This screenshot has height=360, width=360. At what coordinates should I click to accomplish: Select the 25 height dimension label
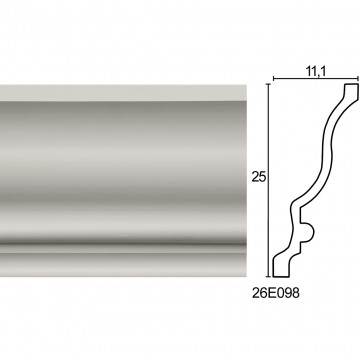coord(259,178)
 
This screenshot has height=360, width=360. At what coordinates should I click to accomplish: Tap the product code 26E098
coord(275,293)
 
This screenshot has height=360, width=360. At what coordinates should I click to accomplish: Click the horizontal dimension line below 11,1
coord(316,79)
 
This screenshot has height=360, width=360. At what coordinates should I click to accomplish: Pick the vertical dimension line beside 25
coord(268,180)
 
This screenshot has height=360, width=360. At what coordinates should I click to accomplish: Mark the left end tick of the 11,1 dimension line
coord(274,79)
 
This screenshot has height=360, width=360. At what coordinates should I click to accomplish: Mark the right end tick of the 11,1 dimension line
coord(358,79)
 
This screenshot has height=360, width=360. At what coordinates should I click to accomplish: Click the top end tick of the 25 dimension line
coord(268,84)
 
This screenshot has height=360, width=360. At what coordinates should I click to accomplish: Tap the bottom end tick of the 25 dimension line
coord(268,277)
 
